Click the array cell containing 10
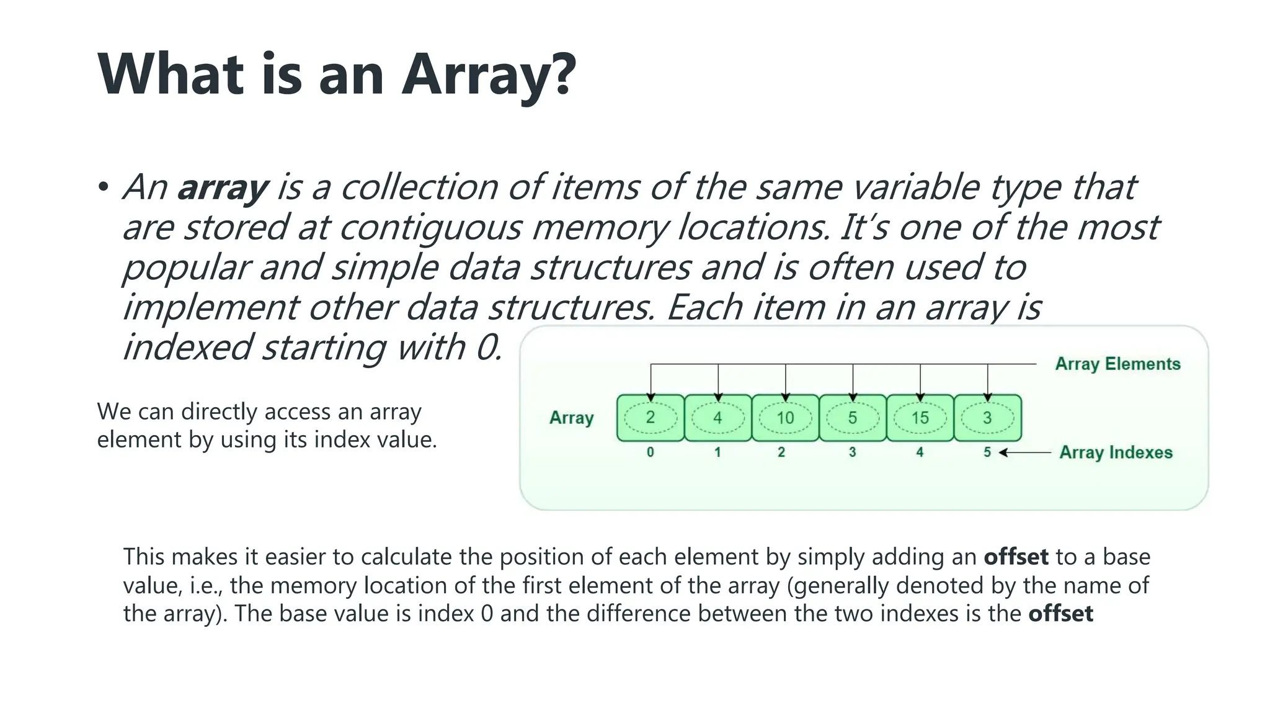click(785, 418)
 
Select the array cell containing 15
click(920, 418)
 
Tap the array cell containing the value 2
click(651, 418)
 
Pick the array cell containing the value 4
click(717, 418)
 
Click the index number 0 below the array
click(650, 452)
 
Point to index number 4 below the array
click(920, 452)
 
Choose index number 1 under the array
click(717, 452)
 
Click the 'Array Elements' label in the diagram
click(1117, 364)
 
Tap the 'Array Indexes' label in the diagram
click(1116, 452)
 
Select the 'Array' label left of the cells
click(571, 418)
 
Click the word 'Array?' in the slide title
click(489, 74)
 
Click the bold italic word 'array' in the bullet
click(223, 187)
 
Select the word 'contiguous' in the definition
click(430, 228)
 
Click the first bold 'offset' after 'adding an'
click(1016, 557)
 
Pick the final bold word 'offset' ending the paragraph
click(1060, 614)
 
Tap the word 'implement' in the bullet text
click(210, 307)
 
